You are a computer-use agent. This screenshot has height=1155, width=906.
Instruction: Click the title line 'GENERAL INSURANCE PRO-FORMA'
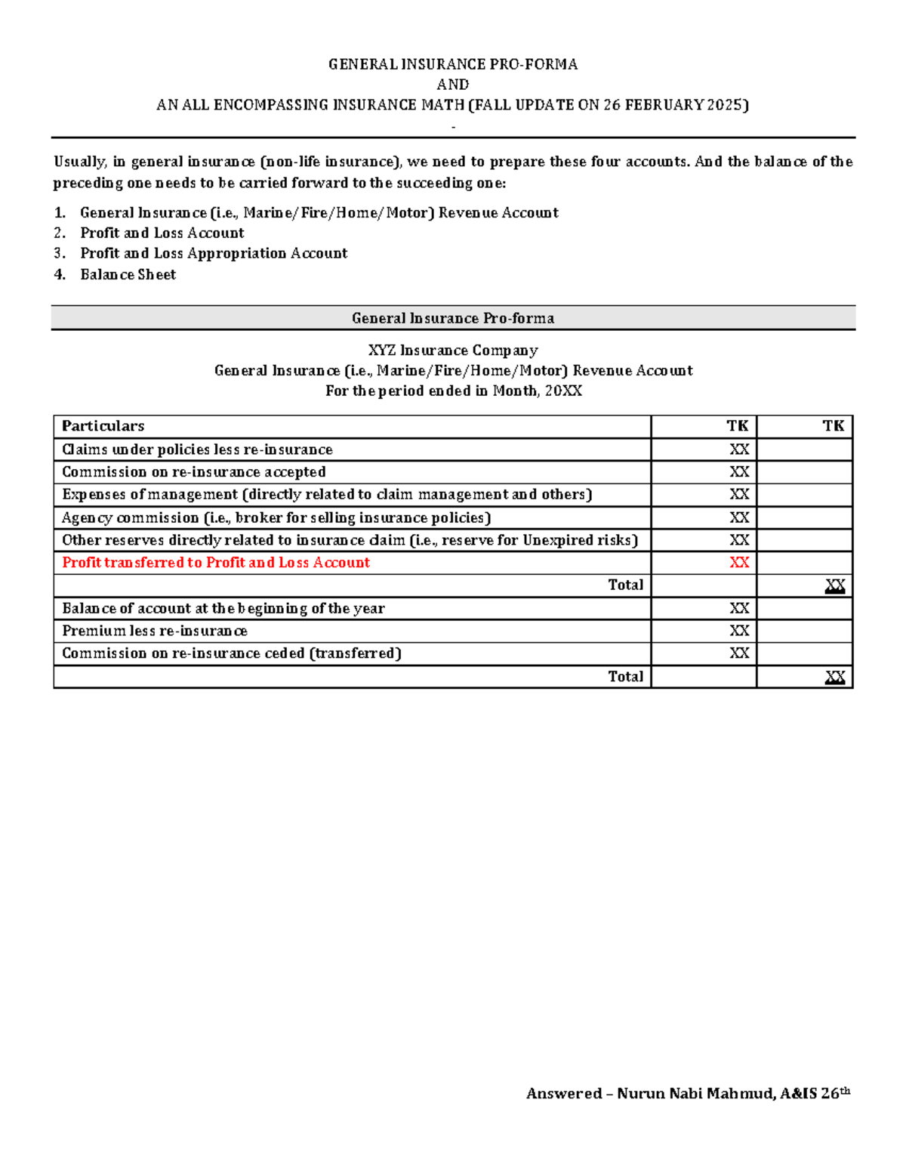(453, 64)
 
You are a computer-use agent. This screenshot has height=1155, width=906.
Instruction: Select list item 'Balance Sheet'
(128, 274)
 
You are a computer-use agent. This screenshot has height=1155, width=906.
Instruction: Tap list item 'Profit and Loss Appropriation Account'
(214, 253)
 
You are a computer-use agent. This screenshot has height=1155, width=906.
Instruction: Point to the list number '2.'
(60, 233)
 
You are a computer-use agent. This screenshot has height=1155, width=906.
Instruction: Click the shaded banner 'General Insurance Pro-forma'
(453, 318)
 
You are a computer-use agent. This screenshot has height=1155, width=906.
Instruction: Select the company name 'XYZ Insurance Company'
(453, 351)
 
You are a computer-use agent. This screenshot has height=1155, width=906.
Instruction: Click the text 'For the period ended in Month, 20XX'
(453, 391)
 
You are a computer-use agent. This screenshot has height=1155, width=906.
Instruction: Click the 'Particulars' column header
(103, 426)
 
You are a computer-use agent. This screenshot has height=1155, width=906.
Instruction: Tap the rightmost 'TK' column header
(833, 426)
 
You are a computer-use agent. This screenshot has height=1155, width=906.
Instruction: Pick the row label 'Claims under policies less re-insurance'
(197, 449)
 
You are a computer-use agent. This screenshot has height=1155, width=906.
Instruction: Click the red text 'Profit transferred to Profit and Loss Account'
(216, 562)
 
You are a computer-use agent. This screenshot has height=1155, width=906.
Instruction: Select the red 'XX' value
(738, 562)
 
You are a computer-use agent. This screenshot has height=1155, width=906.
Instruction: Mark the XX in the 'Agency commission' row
(738, 517)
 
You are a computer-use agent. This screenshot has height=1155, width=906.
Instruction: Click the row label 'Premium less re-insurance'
(155, 631)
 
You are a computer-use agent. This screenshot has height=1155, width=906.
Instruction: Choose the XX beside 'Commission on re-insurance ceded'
(738, 653)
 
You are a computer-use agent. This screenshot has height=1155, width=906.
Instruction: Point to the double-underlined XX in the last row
(834, 677)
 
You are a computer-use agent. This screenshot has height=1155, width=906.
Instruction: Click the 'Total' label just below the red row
(625, 585)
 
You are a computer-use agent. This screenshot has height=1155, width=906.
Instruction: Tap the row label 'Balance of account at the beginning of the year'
(223, 608)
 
